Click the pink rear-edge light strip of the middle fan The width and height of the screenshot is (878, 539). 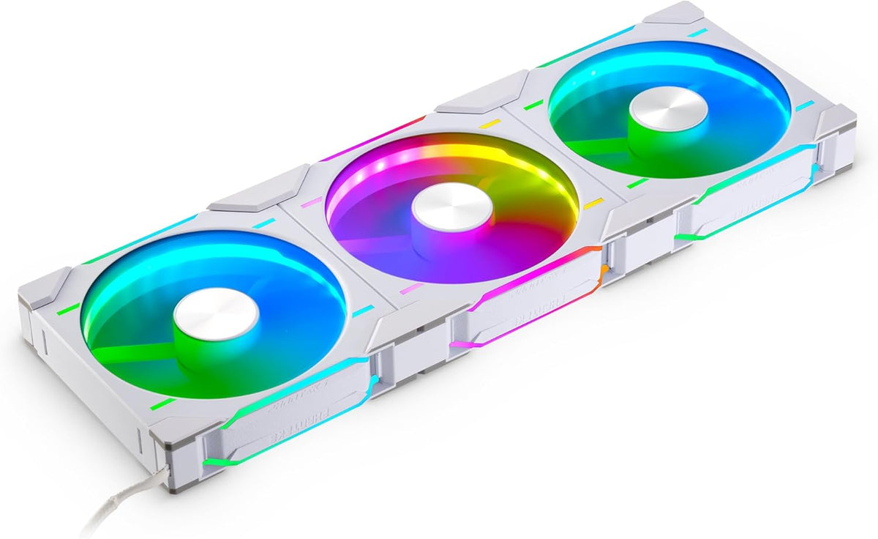coord(373,139)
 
